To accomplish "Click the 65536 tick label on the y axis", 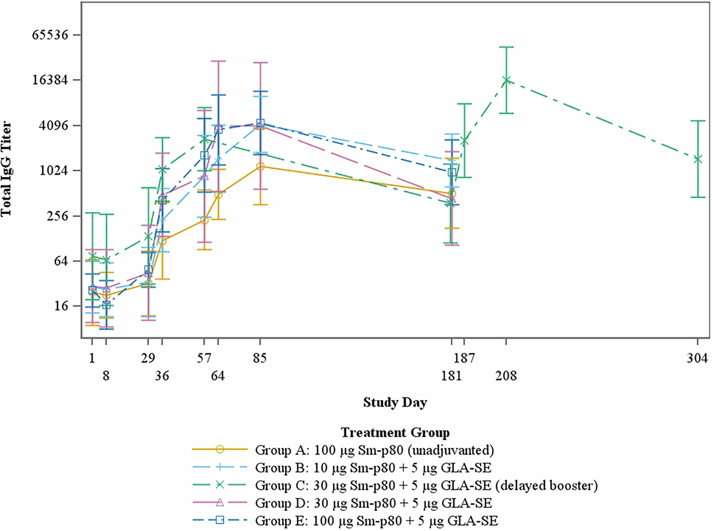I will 50,35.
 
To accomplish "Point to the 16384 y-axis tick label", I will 50,80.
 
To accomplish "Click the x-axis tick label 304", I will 697,359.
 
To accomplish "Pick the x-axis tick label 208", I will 506,376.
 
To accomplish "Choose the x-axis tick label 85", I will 259,359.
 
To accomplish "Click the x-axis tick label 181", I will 451,376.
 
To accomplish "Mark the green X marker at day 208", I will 506,80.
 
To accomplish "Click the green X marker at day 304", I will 698,159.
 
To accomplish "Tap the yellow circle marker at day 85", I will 260,167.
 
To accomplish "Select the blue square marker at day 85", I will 260,123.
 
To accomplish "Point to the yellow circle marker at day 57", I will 204,220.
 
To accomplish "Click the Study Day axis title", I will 395,403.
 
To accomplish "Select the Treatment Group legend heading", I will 395,433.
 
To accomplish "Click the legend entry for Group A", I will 374,450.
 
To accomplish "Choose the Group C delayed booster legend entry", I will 426,485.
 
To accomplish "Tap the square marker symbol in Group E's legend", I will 220,520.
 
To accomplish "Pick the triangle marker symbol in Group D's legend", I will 220,503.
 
